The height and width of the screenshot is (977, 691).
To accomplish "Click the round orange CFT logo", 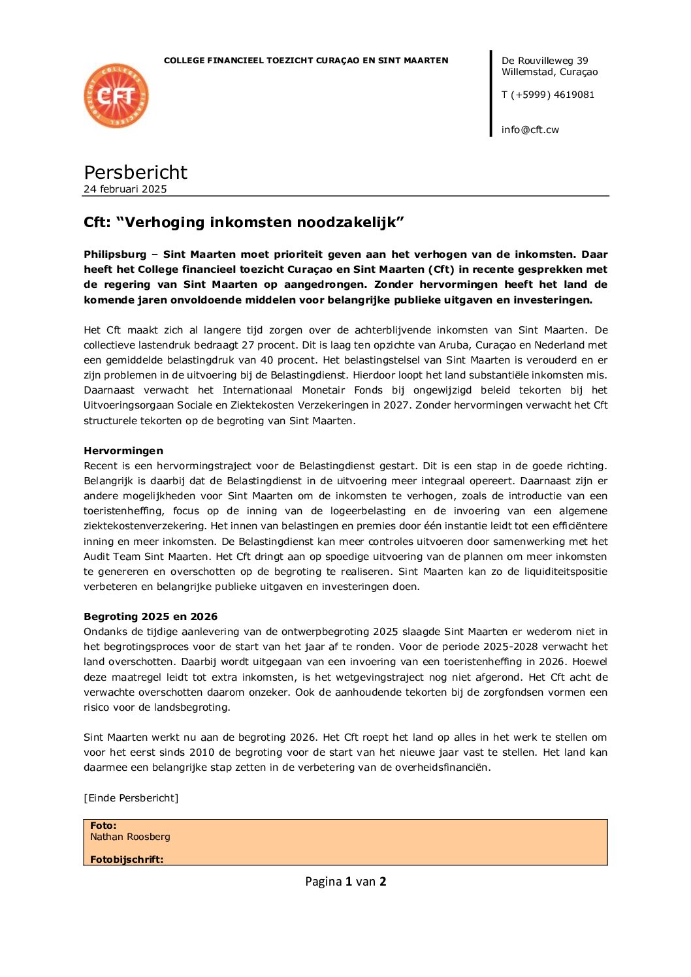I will (x=116, y=96).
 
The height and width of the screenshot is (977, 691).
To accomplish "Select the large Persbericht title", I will (x=135, y=172).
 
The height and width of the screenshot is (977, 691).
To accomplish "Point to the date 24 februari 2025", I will (x=125, y=189).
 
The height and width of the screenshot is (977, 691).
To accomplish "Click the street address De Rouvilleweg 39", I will (x=545, y=61).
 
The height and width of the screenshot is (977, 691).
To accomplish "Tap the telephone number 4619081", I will (x=574, y=95).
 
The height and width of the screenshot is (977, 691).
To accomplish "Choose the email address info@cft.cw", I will (x=530, y=130).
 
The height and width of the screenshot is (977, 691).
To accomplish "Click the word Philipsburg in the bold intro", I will (x=115, y=255).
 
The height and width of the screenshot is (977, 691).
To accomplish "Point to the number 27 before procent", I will (x=248, y=345).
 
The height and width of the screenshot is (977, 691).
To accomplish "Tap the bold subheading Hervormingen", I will (x=123, y=451).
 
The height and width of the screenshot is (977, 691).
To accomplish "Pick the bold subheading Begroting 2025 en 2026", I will (x=150, y=617).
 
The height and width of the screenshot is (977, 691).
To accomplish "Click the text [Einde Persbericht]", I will (x=131, y=798).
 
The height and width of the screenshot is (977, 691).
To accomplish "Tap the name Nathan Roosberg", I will (x=130, y=837).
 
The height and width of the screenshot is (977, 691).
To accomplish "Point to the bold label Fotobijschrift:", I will (x=127, y=860).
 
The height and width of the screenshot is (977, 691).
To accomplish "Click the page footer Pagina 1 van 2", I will (x=345, y=882).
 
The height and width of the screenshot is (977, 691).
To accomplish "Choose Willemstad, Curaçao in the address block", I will (x=549, y=72).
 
